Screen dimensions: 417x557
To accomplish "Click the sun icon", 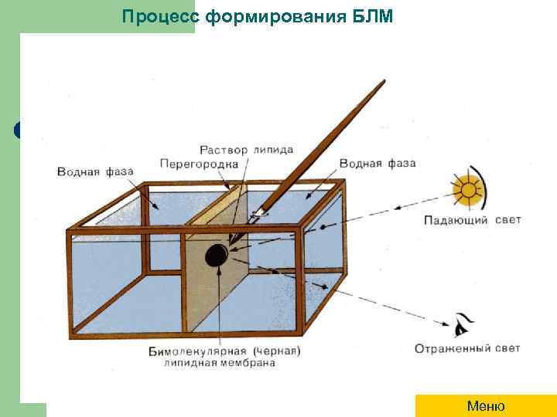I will click(x=466, y=190).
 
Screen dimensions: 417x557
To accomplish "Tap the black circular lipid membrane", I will click(x=216, y=253).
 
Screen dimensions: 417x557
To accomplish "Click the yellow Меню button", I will click(x=486, y=406).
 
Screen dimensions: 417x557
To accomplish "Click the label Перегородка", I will click(x=194, y=164).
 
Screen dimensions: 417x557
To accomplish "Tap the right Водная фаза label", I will click(x=378, y=164).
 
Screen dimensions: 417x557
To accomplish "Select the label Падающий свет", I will click(x=472, y=220).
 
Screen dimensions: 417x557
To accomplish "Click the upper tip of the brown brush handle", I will click(x=383, y=82).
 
